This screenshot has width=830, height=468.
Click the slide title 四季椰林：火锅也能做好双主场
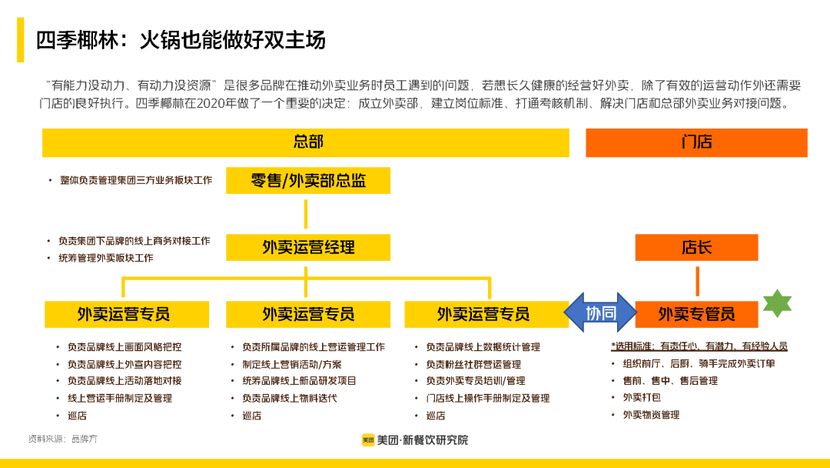(x=181, y=39)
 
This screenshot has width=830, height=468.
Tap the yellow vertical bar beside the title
(x=21, y=40)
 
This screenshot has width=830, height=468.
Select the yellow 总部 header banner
(x=306, y=142)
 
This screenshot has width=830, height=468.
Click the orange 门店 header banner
(x=696, y=142)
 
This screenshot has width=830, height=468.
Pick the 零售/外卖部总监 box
(x=307, y=181)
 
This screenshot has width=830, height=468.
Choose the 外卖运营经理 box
(x=307, y=248)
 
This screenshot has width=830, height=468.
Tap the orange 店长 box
(x=696, y=248)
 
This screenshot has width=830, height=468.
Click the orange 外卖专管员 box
(x=696, y=314)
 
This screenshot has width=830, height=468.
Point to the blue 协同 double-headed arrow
(x=600, y=313)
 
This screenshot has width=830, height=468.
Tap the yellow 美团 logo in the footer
(x=368, y=440)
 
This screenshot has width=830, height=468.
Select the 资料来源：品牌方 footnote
(x=63, y=439)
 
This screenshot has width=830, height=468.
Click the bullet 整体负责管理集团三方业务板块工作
(x=135, y=180)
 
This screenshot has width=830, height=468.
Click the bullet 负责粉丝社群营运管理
(x=473, y=364)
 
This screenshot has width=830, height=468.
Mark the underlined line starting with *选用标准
(x=699, y=346)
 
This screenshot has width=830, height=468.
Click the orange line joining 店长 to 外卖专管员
(x=697, y=281)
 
